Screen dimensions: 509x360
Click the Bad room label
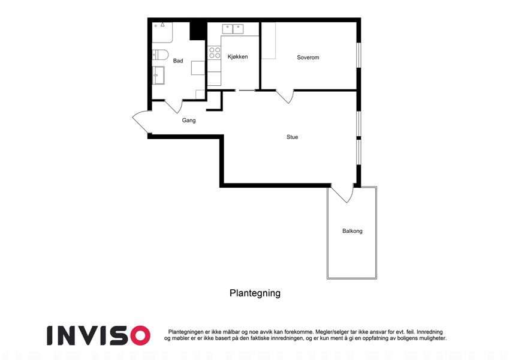click(x=178, y=61)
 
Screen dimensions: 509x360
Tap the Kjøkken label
click(x=237, y=57)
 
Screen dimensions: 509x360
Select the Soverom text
click(x=308, y=58)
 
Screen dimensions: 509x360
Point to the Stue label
click(x=292, y=137)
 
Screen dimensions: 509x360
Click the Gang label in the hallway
click(x=189, y=120)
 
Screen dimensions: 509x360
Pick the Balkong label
click(x=352, y=231)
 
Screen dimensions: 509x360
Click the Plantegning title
click(x=255, y=293)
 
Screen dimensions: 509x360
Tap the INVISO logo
click(x=98, y=335)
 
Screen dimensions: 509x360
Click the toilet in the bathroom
click(x=159, y=55)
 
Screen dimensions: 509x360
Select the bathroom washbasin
click(x=158, y=75)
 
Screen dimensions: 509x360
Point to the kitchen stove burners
click(x=215, y=53)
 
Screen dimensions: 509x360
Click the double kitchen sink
click(x=233, y=29)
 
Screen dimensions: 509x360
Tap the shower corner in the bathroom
click(x=162, y=32)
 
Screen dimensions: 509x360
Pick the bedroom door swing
click(x=285, y=97)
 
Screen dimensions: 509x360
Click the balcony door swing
click(x=342, y=194)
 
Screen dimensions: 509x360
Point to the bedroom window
click(x=359, y=55)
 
